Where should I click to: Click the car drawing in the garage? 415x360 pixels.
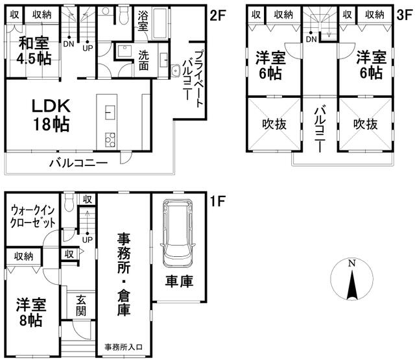click(178, 234)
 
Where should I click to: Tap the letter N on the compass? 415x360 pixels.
click(351, 263)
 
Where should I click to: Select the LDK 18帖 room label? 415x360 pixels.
click(51, 115)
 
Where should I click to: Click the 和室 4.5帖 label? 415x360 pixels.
click(34, 51)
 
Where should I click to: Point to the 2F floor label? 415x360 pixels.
click(217, 16)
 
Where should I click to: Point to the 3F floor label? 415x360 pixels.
click(405, 15)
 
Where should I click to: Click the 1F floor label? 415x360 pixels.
click(217, 201)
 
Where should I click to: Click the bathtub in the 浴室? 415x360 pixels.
click(160, 23)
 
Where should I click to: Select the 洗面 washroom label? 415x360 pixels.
click(144, 60)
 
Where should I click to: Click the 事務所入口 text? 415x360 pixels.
click(124, 347)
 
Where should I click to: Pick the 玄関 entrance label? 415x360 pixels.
click(80, 306)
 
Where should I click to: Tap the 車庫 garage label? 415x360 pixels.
click(179, 281)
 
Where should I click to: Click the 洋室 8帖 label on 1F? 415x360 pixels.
click(31, 313)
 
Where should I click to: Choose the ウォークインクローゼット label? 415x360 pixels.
click(33, 217)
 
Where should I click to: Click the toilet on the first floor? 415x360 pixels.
click(69, 203)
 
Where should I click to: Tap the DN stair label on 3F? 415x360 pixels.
click(311, 39)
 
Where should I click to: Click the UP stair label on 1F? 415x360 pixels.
click(88, 240)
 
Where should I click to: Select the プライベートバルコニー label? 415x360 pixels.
click(194, 78)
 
